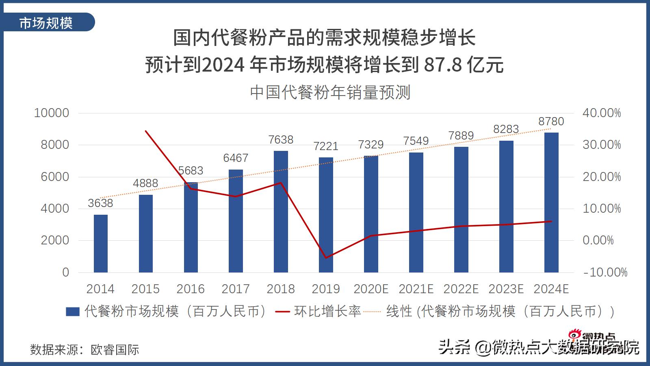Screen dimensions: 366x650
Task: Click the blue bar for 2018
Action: click(281, 211)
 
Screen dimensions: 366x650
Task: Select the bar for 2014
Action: click(101, 244)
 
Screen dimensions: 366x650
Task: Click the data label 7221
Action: click(326, 146)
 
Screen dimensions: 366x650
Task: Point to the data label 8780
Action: click(551, 121)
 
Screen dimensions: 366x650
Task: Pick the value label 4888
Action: click(145, 183)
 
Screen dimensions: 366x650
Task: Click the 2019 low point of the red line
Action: click(326, 258)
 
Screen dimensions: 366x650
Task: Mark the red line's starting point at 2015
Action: click(145, 131)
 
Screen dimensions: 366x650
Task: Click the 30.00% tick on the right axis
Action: click(602, 145)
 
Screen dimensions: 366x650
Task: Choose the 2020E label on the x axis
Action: click(371, 289)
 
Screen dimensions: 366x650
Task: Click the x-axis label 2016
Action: click(191, 289)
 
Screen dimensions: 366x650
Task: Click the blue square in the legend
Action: click(72, 312)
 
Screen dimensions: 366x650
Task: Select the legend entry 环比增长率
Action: click(327, 312)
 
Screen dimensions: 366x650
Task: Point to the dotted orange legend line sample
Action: click(372, 312)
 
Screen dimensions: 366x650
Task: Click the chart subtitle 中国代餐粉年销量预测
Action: click(330, 92)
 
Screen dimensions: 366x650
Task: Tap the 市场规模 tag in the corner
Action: click(46, 23)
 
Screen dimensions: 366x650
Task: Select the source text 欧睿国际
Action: click(115, 349)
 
